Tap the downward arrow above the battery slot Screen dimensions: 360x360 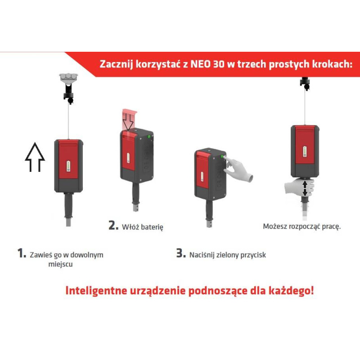coord(128,122)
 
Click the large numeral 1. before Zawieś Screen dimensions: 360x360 coord(22,253)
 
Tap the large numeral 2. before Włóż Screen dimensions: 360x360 coord(113,225)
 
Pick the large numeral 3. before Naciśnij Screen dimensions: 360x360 coord(181,253)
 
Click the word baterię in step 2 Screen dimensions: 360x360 coord(152,227)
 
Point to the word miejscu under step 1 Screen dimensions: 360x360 coord(60,264)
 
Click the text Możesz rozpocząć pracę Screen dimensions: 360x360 coord(301,226)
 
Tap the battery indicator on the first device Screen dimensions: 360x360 coord(68,166)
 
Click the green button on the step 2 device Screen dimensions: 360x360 coord(149,137)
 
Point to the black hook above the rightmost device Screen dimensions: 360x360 coord(305,84)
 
